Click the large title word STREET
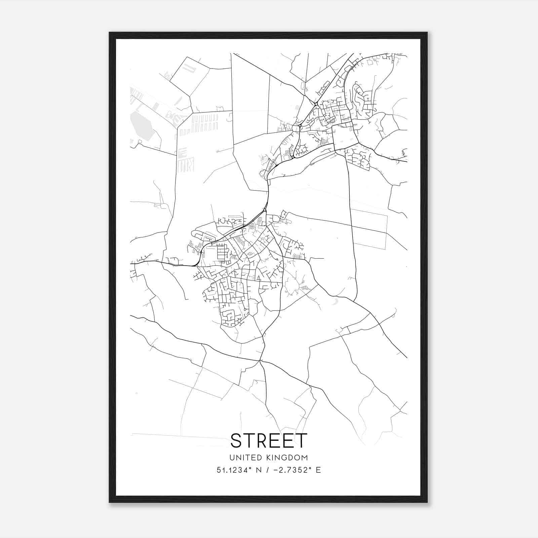269,440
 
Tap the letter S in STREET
237,440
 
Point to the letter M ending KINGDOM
305,458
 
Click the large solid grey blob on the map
142,126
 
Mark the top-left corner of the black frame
110,33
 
